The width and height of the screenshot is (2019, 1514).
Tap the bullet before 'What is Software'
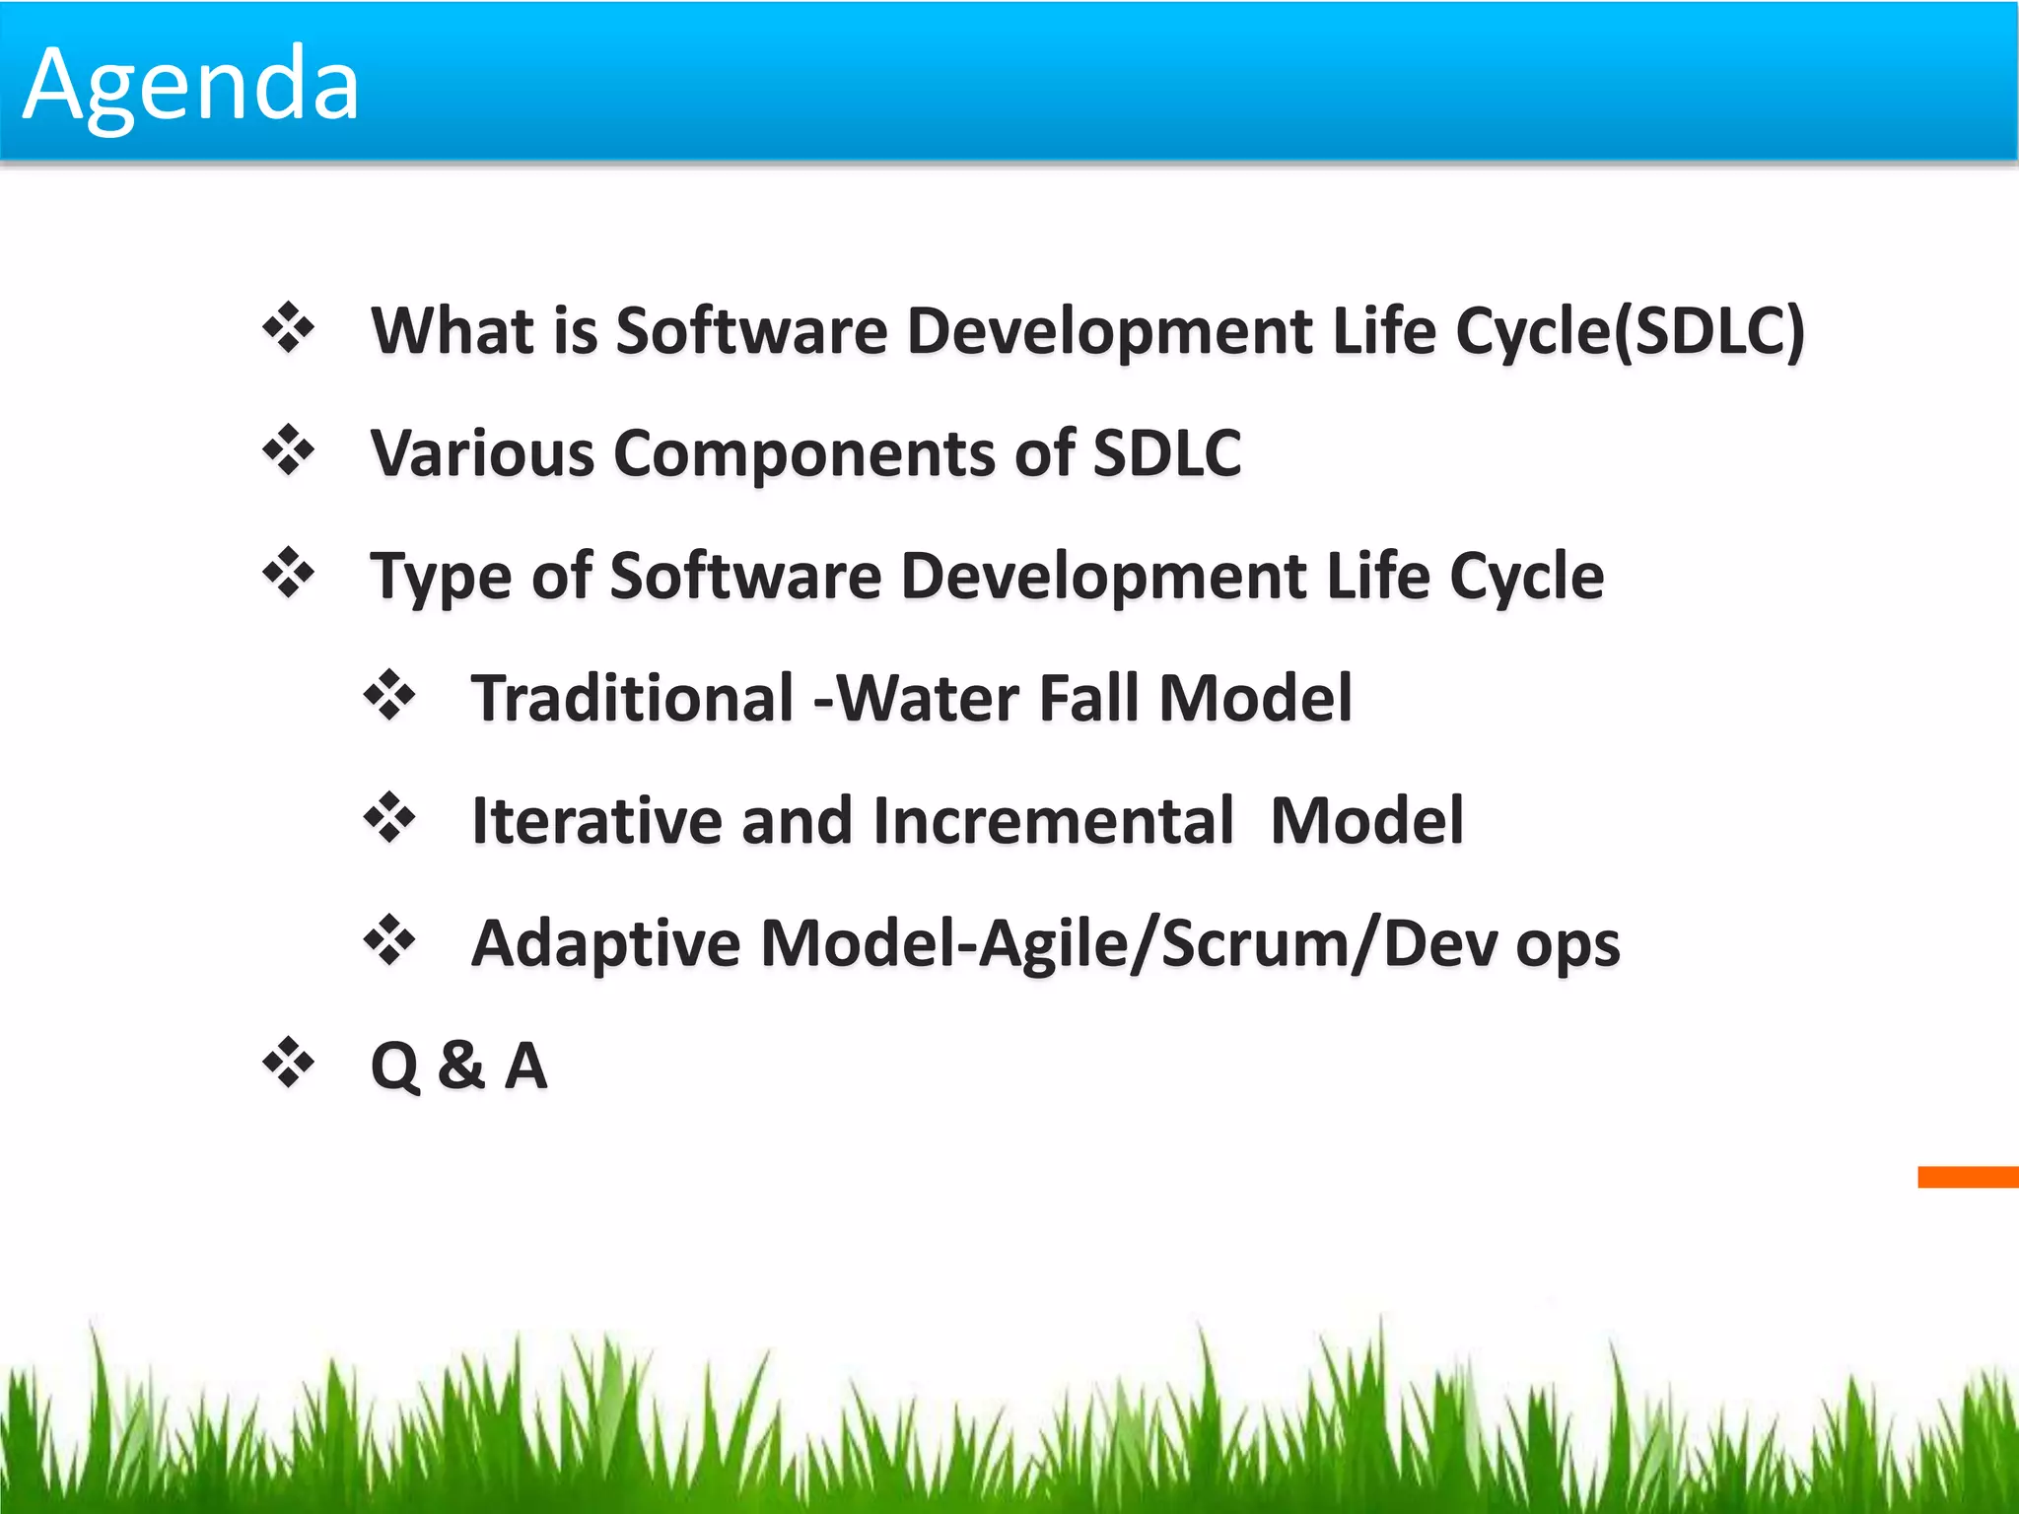coord(288,328)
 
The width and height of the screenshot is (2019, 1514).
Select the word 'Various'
coord(482,453)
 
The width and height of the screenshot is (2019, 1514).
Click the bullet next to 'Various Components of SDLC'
coord(288,450)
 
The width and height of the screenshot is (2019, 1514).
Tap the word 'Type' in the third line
coord(441,578)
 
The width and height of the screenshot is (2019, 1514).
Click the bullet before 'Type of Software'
coord(288,574)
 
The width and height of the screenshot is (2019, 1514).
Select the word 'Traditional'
coord(632,698)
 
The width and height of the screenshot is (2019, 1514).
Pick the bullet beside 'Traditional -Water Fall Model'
coord(389,695)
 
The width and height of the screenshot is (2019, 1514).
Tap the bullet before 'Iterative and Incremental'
coord(389,818)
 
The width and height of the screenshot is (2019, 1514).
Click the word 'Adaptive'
coord(605,944)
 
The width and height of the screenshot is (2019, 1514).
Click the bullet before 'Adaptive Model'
coord(389,940)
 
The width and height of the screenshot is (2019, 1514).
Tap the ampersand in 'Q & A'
coord(461,1066)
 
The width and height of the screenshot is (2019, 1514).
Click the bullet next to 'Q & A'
coord(288,1063)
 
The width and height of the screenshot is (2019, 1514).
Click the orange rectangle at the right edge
coord(1968,1176)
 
